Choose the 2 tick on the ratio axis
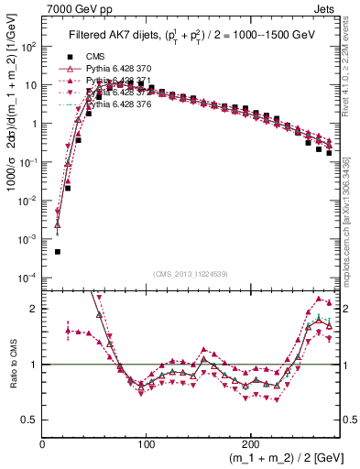[x=34, y=309]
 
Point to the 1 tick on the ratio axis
[x=34, y=365]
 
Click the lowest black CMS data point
[x=57, y=251]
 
